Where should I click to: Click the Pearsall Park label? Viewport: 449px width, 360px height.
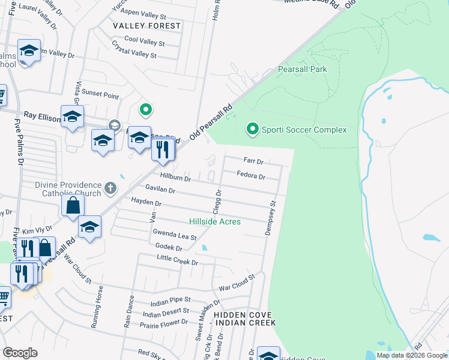(x=302, y=70)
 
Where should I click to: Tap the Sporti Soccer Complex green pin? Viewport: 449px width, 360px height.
(x=253, y=129)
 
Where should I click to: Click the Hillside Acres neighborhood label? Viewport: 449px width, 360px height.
(x=215, y=222)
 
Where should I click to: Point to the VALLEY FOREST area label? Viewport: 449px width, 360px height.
(x=146, y=26)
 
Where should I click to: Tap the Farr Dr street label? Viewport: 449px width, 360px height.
(x=253, y=161)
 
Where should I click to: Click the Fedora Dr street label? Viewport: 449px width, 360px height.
(x=251, y=176)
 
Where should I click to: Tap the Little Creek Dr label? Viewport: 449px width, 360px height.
(x=177, y=262)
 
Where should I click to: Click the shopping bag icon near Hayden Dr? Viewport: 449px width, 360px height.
(x=73, y=205)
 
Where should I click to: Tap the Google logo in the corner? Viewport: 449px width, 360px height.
(x=20, y=352)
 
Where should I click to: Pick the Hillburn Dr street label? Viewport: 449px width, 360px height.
(x=175, y=178)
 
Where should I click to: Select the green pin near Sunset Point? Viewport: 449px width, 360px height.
(x=145, y=109)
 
